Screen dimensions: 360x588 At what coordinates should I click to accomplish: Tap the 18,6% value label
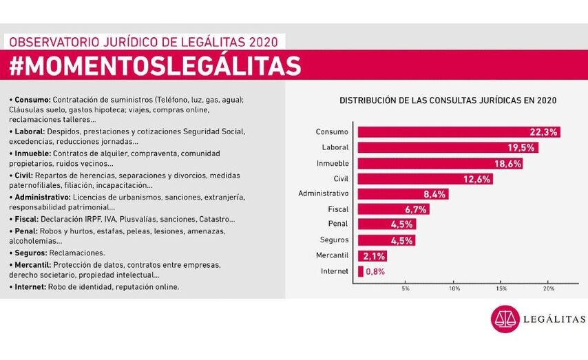tap(507, 164)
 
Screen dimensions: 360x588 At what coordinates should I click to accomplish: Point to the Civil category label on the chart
tap(340, 178)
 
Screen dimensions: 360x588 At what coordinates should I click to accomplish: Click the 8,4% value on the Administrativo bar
tap(434, 194)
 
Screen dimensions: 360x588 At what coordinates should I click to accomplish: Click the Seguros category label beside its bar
tap(335, 240)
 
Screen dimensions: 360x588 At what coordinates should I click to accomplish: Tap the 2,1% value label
tap(374, 256)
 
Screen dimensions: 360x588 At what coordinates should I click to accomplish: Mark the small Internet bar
tap(361, 271)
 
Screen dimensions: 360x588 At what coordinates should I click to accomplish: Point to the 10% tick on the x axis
tap(454, 288)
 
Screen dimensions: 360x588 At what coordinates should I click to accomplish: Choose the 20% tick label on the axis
tap(549, 288)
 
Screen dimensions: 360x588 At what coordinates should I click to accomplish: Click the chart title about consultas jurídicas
tap(448, 100)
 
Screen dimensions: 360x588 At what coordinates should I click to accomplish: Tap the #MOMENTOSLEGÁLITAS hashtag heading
tap(156, 66)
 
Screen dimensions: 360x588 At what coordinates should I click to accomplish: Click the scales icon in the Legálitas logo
tap(505, 319)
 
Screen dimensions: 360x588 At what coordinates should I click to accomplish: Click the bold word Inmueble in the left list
tap(29, 153)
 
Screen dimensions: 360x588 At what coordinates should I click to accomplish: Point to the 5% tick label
tap(406, 288)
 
